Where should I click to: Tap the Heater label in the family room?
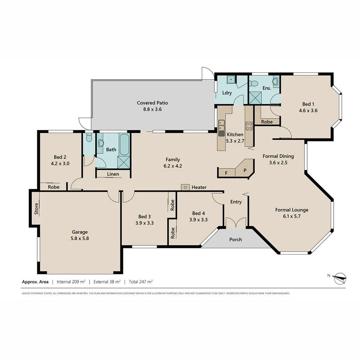(x=199, y=187)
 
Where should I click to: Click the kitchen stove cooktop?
(x=249, y=126)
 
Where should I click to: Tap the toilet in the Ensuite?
(x=275, y=82)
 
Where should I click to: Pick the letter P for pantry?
(x=245, y=170)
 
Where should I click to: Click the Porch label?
(x=236, y=239)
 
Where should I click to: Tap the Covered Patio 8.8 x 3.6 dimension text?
(x=153, y=109)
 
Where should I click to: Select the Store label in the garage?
(x=36, y=209)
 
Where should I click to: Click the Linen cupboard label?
(x=113, y=174)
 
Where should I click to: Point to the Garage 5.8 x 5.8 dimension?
(x=80, y=238)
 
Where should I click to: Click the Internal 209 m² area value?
(x=71, y=282)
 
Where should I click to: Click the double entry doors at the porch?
(x=236, y=223)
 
